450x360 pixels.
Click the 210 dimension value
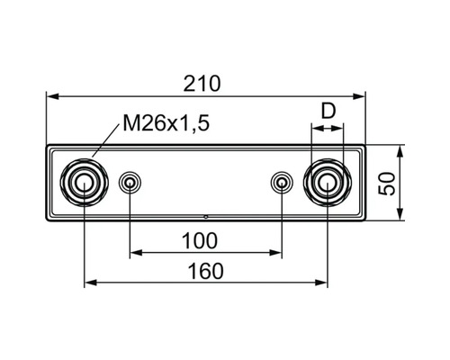click(204, 83)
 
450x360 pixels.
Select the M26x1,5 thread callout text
click(166, 125)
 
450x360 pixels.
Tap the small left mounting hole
click(130, 184)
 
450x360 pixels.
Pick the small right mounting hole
click(281, 184)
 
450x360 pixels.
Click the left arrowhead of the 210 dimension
click(52, 94)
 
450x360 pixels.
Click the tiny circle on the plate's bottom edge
click(206, 217)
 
